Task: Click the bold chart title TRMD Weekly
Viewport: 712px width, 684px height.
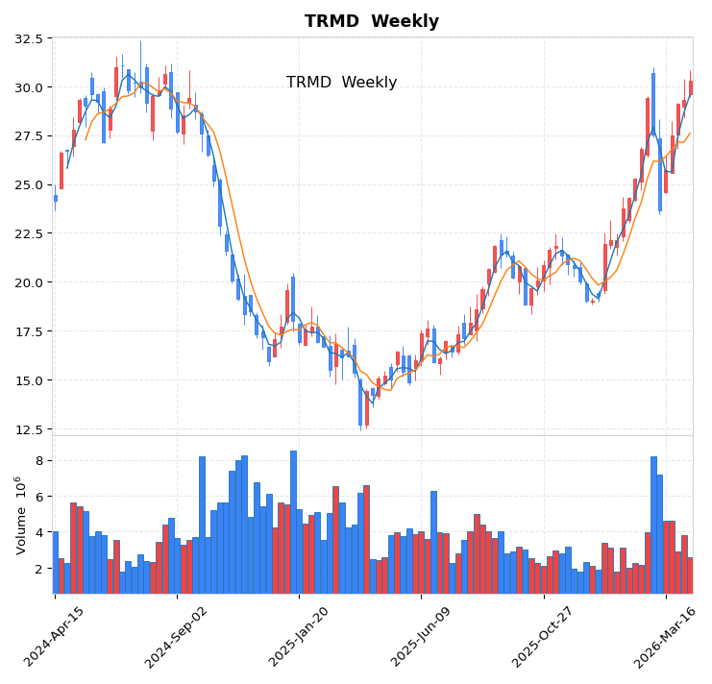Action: pos(372,21)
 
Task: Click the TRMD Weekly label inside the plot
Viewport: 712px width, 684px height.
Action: pos(341,83)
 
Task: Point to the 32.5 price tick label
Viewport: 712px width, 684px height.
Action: pos(29,38)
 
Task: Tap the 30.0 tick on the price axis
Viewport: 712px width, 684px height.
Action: pos(29,87)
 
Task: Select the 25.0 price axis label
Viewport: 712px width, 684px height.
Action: pos(29,184)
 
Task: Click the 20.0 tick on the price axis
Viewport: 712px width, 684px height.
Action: pos(29,282)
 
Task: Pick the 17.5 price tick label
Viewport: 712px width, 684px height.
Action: pos(29,331)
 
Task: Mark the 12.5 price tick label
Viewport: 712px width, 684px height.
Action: pos(29,428)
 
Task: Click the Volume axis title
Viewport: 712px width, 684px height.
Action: pos(19,515)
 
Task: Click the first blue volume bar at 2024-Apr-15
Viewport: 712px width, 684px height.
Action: pos(55,562)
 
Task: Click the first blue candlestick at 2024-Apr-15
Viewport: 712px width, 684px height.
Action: pos(55,199)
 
